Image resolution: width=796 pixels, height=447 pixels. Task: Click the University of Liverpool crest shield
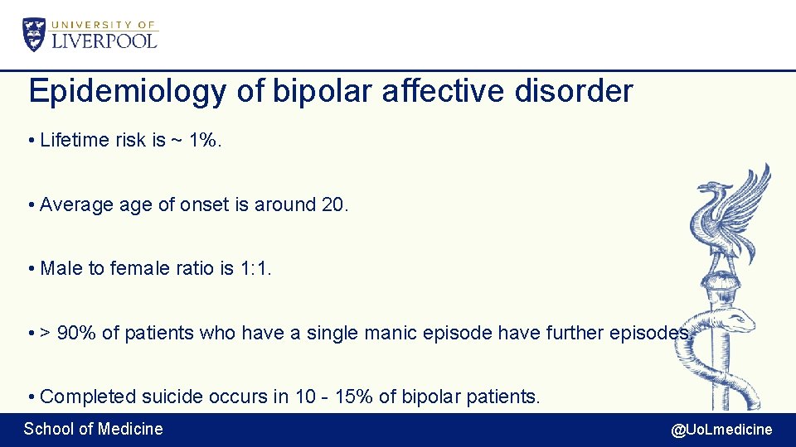click(34, 35)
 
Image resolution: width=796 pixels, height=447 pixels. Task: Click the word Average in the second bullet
click(75, 204)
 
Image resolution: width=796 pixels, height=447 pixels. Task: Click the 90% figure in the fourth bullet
click(77, 333)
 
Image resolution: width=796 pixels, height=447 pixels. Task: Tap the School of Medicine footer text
click(93, 429)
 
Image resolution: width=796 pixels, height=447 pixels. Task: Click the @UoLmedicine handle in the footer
click(721, 429)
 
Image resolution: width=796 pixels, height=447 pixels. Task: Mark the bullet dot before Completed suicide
click(31, 397)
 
